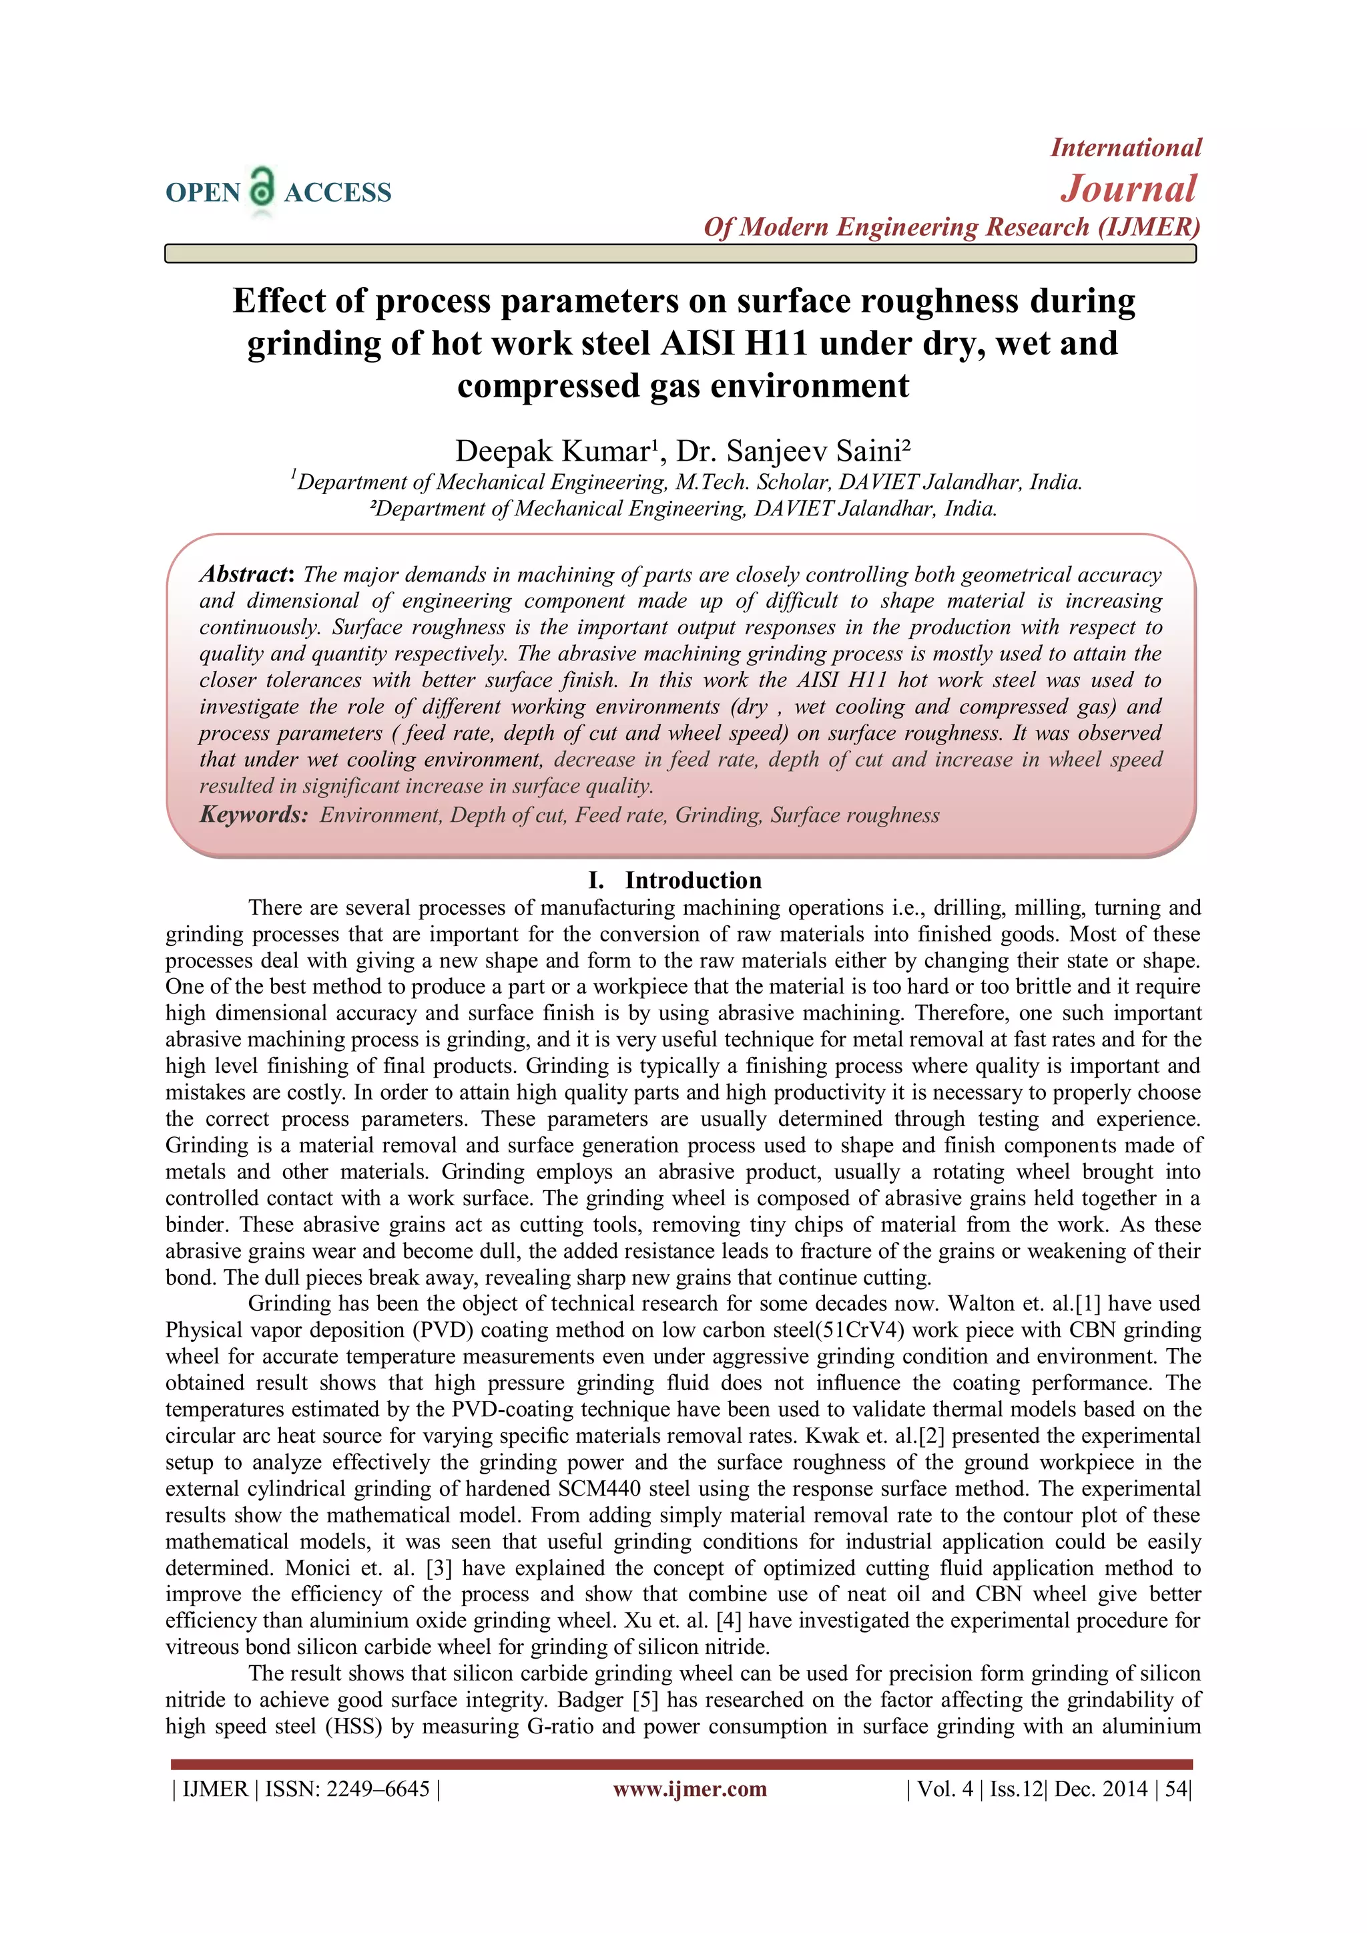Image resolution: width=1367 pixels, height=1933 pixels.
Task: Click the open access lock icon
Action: point(262,187)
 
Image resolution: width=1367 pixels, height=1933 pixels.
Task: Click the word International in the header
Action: point(1125,148)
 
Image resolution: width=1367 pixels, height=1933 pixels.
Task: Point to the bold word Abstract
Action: point(244,574)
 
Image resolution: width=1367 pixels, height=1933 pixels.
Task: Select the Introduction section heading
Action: point(692,880)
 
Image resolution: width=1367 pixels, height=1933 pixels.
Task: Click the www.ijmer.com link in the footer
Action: point(690,1788)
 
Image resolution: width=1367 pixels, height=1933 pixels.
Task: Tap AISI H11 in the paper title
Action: point(733,343)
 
